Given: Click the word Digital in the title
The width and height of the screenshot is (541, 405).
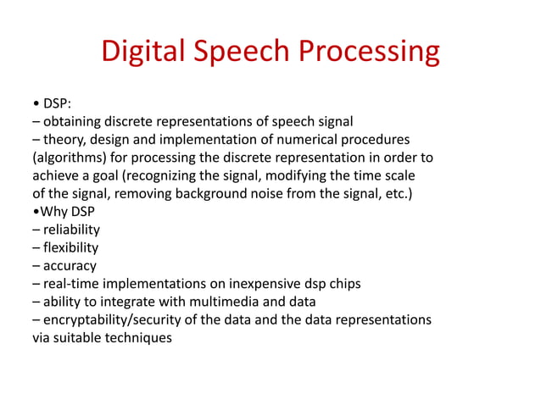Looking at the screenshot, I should [143, 52].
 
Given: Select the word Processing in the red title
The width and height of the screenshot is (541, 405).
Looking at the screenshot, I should [369, 52].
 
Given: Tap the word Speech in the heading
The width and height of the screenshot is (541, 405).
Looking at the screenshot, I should [242, 52].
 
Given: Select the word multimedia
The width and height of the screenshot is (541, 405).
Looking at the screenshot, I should [237, 302].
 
